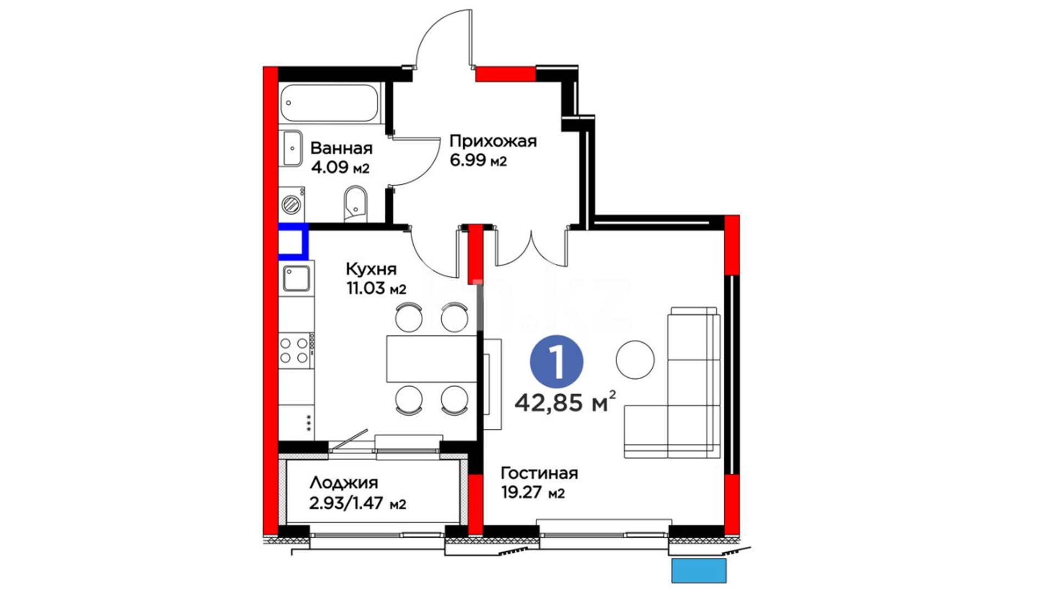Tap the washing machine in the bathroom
tap(292, 204)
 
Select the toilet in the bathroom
tap(356, 204)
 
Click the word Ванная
tap(341, 148)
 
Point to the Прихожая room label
tap(493, 142)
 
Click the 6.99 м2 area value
tap(478, 161)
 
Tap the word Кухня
tap(371, 269)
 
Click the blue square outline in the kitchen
tap(293, 241)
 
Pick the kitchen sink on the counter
tap(297, 278)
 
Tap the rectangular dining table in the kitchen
tap(431, 359)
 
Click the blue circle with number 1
tap(556, 361)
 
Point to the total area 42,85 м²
tap(565, 403)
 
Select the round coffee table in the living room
tap(635, 360)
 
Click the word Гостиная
tap(539, 473)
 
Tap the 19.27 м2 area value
tap(533, 492)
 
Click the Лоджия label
tap(344, 483)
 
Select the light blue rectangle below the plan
tap(699, 570)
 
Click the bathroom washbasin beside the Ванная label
tap(291, 148)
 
